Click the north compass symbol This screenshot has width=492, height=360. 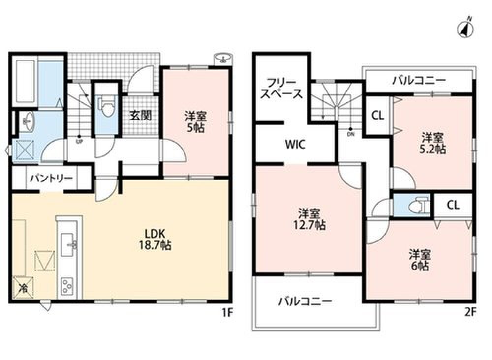[465, 28]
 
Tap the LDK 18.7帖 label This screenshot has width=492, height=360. [155, 239]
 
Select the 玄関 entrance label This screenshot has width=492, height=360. [141, 116]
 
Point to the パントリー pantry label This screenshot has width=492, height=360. [52, 179]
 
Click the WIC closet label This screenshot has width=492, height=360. [295, 145]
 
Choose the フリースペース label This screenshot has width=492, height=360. [281, 89]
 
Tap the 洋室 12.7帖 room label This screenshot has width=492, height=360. [312, 219]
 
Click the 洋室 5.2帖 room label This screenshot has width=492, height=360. [433, 143]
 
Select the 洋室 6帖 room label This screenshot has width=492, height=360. [420, 260]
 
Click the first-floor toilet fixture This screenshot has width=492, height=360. [107, 106]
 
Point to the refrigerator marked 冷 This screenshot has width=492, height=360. [23, 288]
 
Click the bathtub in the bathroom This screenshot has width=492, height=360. [25, 81]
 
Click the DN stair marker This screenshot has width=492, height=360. [350, 131]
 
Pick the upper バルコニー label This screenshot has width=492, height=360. [419, 81]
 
